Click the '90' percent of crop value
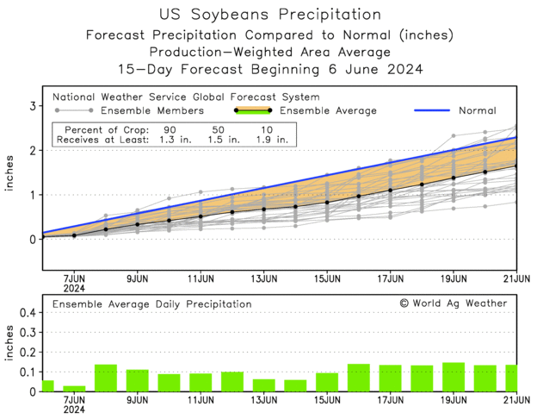pyautogui.click(x=169, y=128)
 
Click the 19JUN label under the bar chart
pyautogui.click(x=454, y=401)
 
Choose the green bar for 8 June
pyautogui.click(x=106, y=378)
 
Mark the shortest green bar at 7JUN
pyautogui.click(x=74, y=388)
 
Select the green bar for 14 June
pyautogui.click(x=295, y=385)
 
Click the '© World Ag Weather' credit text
pyautogui.click(x=454, y=303)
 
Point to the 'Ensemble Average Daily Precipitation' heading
pyautogui.click(x=152, y=304)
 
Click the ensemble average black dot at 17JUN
pyautogui.click(x=391, y=191)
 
